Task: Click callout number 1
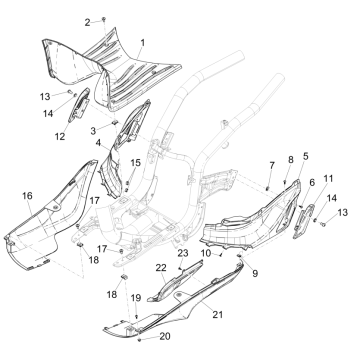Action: [142, 43]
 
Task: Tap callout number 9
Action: [254, 271]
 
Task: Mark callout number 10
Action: [233, 255]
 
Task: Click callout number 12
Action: [60, 136]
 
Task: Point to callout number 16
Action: [28, 195]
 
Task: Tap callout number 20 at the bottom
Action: [165, 336]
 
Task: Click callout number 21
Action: [218, 314]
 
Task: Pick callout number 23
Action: [182, 256]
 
